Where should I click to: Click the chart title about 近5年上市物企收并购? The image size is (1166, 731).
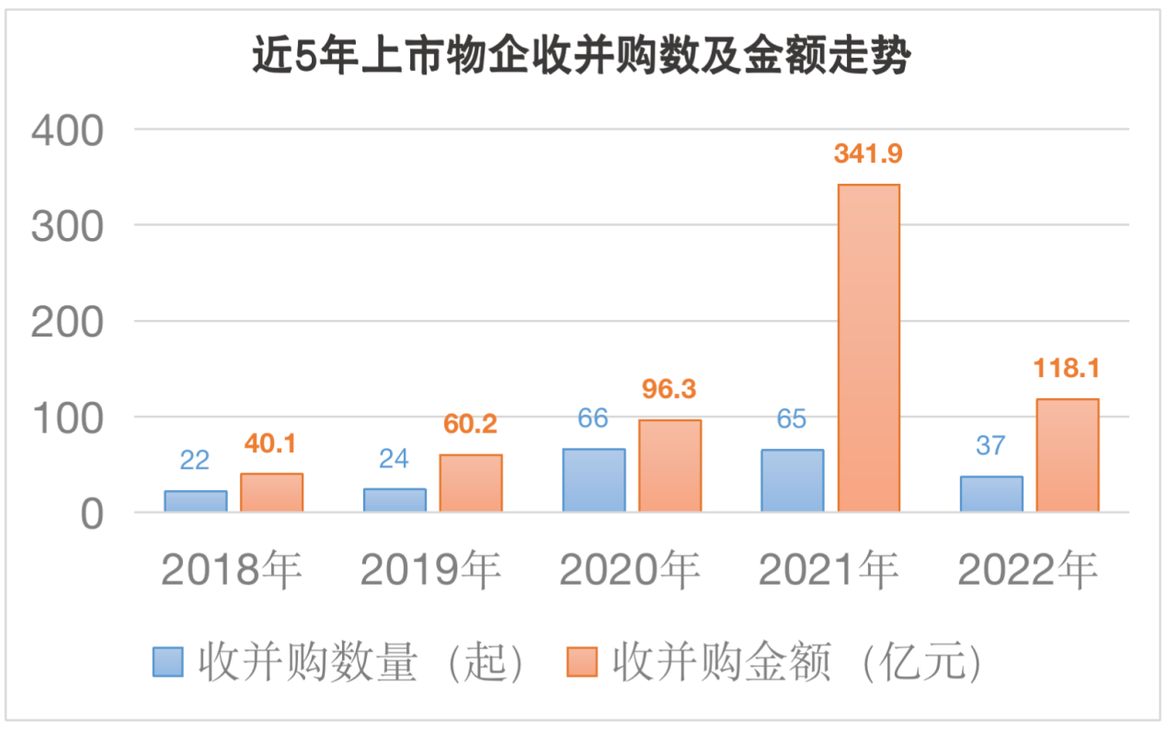581,57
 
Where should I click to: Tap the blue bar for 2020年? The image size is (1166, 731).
593,479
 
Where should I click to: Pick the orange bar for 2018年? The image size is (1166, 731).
271,492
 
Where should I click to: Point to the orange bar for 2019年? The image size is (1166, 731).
470,483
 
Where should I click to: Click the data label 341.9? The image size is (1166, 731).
868,154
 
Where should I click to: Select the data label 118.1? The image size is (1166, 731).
1067,369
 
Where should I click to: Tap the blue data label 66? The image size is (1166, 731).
593,418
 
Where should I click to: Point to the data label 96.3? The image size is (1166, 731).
669,389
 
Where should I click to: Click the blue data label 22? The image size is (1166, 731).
195,460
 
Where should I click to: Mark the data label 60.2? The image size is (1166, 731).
470,425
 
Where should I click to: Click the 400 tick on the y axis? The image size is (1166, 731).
68,130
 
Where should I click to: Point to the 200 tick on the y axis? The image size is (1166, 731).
68,322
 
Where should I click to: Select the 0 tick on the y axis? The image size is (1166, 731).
90,514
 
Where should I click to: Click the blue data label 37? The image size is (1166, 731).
990,446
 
